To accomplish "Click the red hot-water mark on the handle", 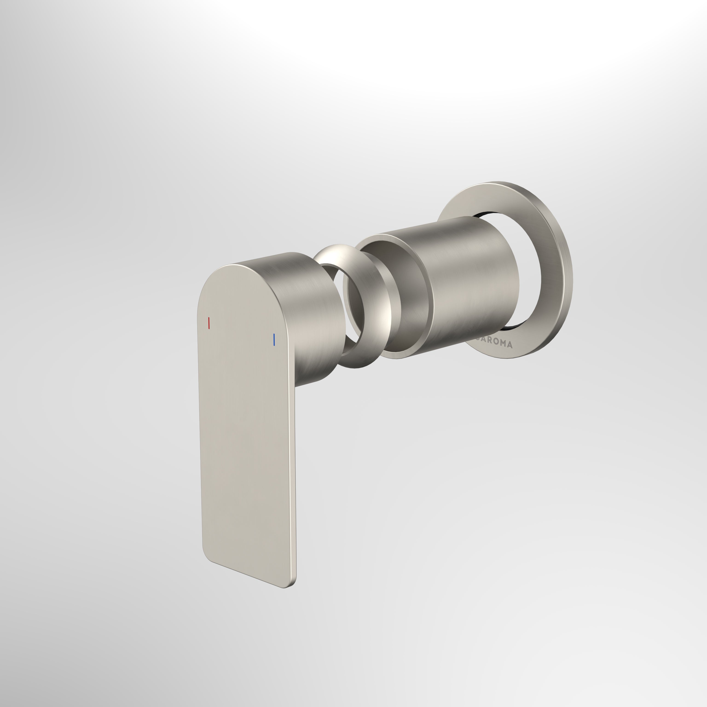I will click(x=209, y=323).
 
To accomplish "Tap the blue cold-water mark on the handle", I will click(x=273, y=339).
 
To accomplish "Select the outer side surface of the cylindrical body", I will click(x=472, y=278).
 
